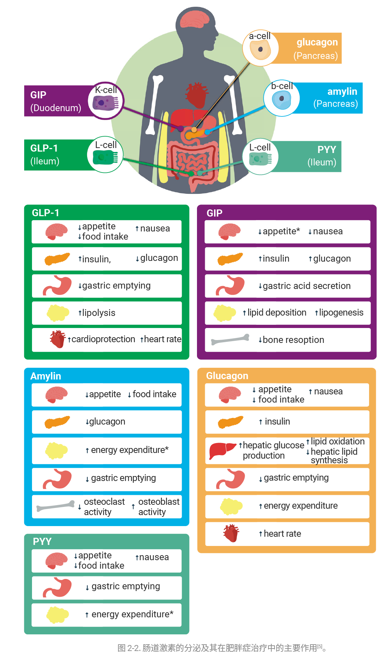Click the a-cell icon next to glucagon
click(x=260, y=49)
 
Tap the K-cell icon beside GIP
click(x=105, y=103)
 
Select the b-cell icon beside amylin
click(x=282, y=99)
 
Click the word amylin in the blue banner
click(x=342, y=92)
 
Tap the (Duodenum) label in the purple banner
click(x=56, y=108)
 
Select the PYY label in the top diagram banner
click(x=327, y=149)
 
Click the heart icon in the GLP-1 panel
click(x=58, y=339)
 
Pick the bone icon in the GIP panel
click(x=230, y=340)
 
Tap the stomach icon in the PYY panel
click(x=57, y=587)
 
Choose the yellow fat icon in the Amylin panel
click(x=57, y=450)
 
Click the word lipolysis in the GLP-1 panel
click(x=99, y=313)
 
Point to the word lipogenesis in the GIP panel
click(x=341, y=312)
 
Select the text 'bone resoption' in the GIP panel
click(x=293, y=340)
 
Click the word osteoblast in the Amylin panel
click(x=159, y=502)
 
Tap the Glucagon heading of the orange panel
click(x=227, y=376)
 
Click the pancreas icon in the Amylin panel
click(x=57, y=422)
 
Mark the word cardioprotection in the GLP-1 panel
click(x=103, y=339)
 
